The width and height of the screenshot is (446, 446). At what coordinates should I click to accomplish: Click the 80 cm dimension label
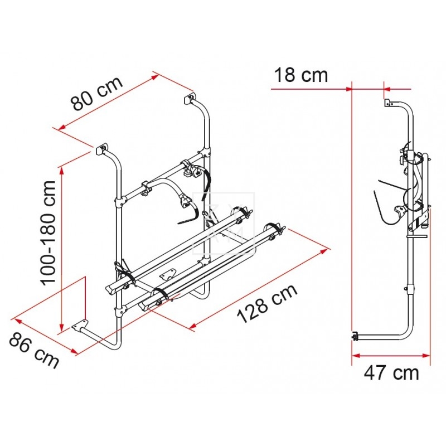click(x=97, y=93)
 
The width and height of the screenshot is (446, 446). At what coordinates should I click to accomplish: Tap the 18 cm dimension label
click(x=300, y=75)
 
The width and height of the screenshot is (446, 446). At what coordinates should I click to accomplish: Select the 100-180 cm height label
click(x=48, y=232)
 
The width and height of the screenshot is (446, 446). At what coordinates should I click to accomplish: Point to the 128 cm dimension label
click(x=268, y=304)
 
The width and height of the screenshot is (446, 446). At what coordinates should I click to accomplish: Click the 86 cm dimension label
click(x=34, y=350)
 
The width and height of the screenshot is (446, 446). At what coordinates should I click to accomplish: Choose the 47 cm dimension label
click(x=391, y=373)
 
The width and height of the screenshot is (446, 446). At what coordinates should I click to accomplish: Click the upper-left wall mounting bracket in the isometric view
click(x=101, y=149)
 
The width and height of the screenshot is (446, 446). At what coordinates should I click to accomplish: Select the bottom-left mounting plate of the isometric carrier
click(x=80, y=325)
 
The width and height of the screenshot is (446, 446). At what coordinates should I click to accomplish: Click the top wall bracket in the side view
click(x=388, y=103)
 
